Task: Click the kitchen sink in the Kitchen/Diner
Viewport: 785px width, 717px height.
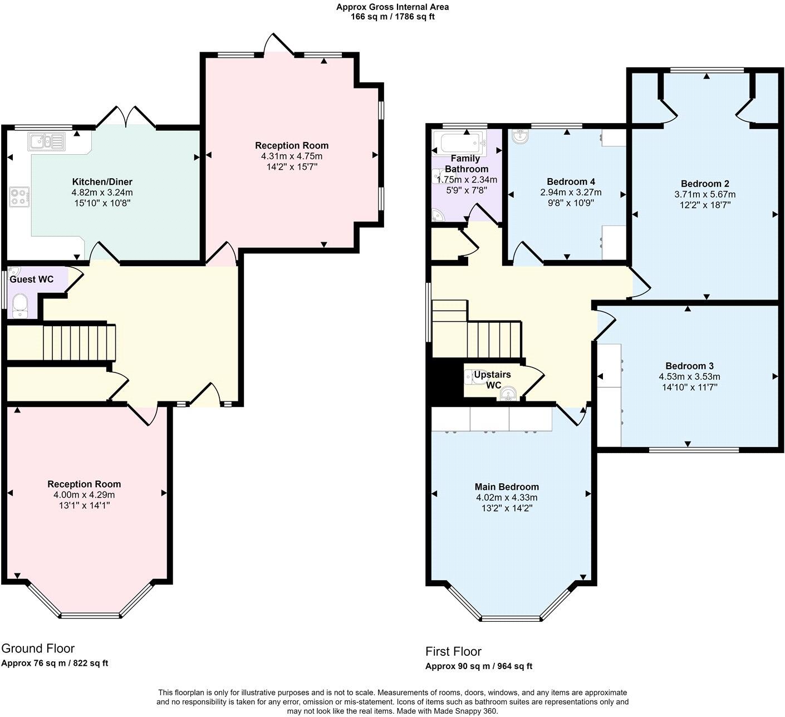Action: [x=47, y=141]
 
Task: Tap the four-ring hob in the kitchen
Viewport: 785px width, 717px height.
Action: [x=19, y=197]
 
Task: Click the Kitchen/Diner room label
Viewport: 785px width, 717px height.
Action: [x=102, y=181]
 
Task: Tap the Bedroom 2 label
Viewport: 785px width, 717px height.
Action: [x=705, y=184]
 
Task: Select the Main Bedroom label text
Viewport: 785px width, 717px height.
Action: [x=507, y=487]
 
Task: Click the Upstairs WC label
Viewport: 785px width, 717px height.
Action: [x=493, y=380]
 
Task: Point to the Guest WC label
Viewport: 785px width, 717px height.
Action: [x=32, y=279]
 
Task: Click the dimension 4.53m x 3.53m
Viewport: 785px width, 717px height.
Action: [x=689, y=376]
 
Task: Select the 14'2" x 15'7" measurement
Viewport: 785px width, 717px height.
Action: [x=292, y=167]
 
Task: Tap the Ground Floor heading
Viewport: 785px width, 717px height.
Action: [x=38, y=649]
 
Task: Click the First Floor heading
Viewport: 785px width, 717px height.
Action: [x=453, y=651]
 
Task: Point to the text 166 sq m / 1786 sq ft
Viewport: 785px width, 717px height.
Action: [x=392, y=17]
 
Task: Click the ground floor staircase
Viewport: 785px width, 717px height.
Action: [x=79, y=343]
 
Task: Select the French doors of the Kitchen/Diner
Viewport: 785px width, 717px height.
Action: [x=126, y=116]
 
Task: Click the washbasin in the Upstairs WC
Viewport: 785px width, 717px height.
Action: [x=508, y=394]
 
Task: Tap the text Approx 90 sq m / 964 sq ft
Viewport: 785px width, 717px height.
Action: [x=479, y=666]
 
